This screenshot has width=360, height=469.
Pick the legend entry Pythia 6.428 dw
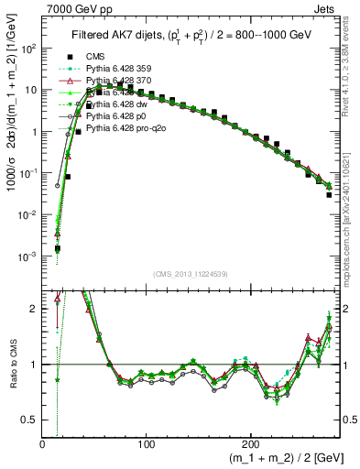point(113,104)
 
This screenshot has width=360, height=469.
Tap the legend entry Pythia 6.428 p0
point(113,115)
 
